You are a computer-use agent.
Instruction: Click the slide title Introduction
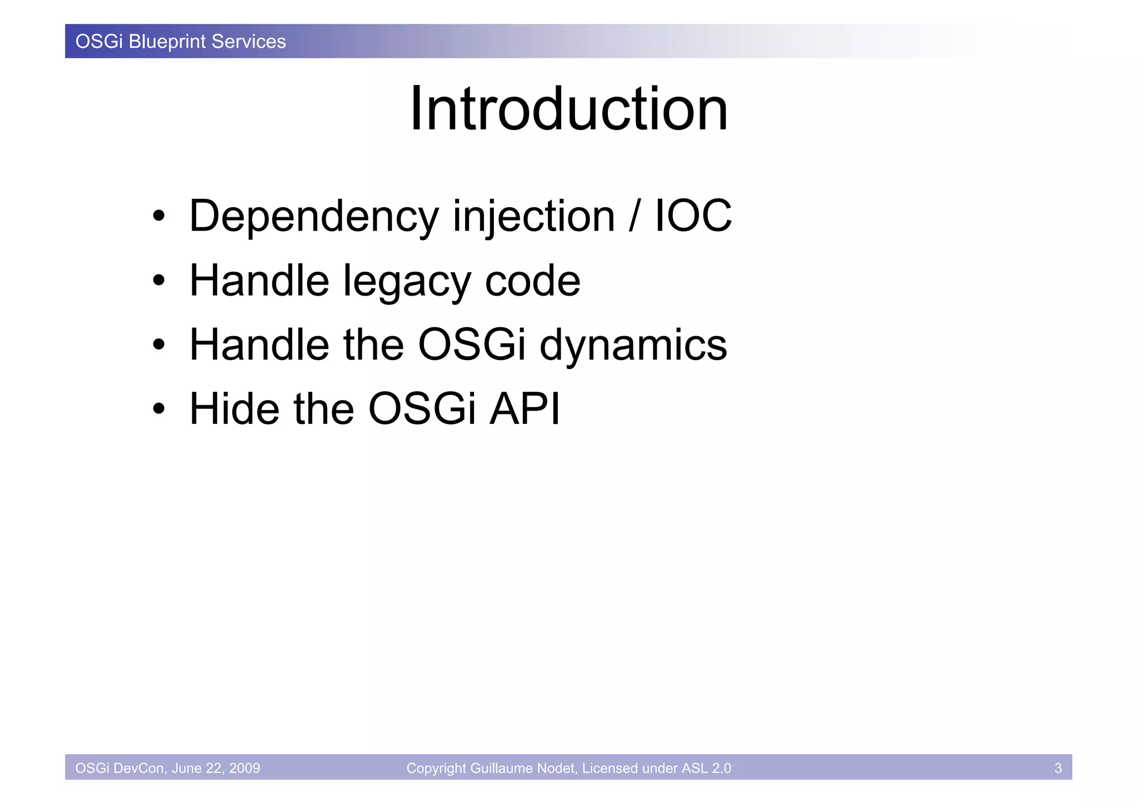pyautogui.click(x=568, y=109)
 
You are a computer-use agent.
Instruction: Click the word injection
pyautogui.click(x=533, y=216)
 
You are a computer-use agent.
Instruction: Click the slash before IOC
pyautogui.click(x=633, y=216)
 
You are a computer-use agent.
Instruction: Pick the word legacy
pyautogui.click(x=407, y=281)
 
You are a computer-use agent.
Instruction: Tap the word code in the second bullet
pyautogui.click(x=532, y=281)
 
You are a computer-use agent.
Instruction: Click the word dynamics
pyautogui.click(x=633, y=345)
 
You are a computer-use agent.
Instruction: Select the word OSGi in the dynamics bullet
pyautogui.click(x=471, y=344)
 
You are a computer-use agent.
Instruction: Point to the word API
pyautogui.click(x=525, y=409)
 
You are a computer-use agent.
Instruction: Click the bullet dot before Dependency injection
pyautogui.click(x=159, y=217)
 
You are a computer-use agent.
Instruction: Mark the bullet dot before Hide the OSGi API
pyautogui.click(x=159, y=410)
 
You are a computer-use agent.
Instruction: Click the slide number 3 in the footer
pyautogui.click(x=1058, y=768)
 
